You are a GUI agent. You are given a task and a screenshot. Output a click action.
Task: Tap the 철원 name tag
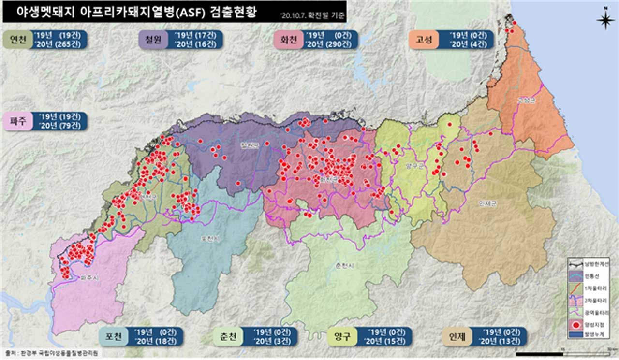(152, 40)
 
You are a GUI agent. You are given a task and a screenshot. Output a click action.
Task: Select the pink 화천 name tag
(288, 40)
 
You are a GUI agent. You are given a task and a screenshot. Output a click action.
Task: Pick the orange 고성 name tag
(423, 40)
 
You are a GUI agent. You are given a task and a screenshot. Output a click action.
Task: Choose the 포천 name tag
(113, 337)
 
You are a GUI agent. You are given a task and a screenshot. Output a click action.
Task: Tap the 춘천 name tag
(227, 337)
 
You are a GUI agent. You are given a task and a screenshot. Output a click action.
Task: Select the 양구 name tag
(341, 337)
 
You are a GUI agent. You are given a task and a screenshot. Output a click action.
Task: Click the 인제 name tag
(457, 337)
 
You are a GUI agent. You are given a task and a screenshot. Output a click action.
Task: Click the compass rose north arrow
(605, 20)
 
